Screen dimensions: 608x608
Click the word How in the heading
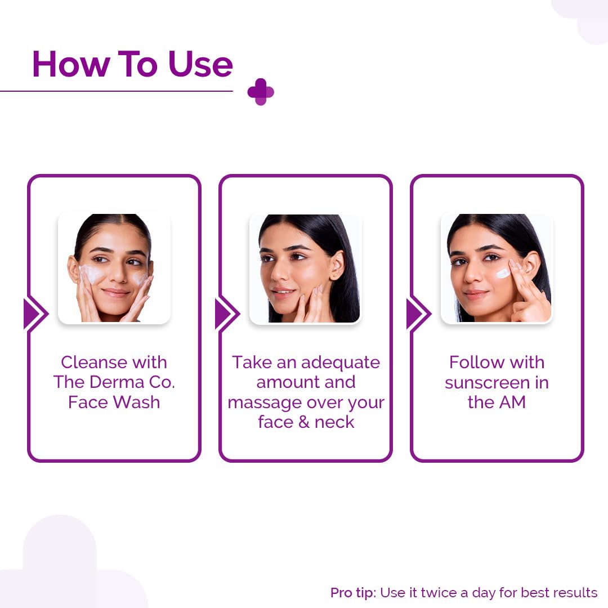coord(70,64)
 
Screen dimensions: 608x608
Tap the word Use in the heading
coord(200,64)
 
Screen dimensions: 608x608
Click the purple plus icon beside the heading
coord(261,92)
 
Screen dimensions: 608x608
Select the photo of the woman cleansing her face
coord(114,269)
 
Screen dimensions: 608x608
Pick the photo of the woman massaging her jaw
coord(306,269)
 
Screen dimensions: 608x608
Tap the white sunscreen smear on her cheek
coord(503,274)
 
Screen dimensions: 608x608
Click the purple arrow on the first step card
coord(35,314)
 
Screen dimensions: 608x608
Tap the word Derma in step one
coord(117,382)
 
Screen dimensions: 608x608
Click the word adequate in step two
coord(341,363)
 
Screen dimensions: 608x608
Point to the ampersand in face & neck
coord(304,422)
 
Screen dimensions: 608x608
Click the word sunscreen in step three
coord(487,383)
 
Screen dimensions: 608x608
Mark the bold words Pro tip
coord(353,593)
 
